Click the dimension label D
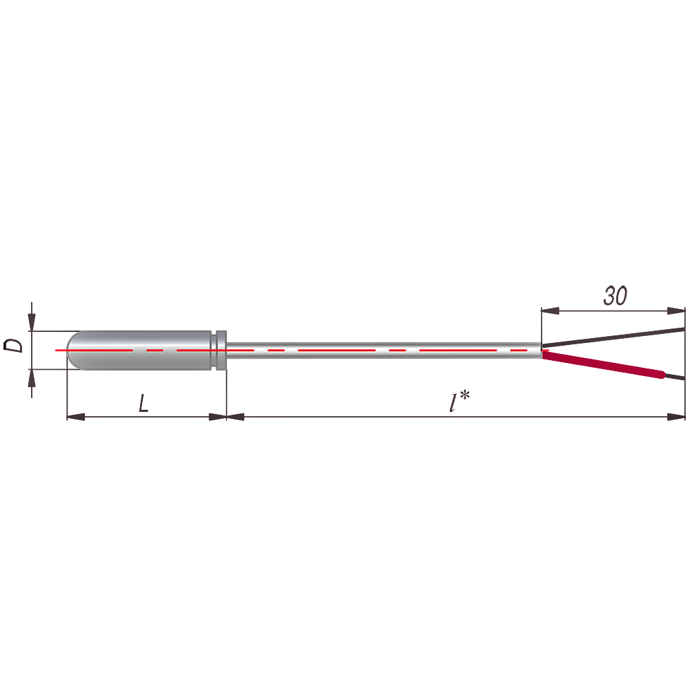click(x=13, y=346)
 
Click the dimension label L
click(x=144, y=403)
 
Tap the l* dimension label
click(x=460, y=401)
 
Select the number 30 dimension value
click(x=615, y=296)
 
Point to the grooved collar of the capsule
click(x=219, y=351)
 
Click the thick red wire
click(x=604, y=364)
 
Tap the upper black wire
click(x=613, y=337)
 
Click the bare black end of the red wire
click(x=676, y=377)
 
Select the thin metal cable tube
click(x=384, y=351)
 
